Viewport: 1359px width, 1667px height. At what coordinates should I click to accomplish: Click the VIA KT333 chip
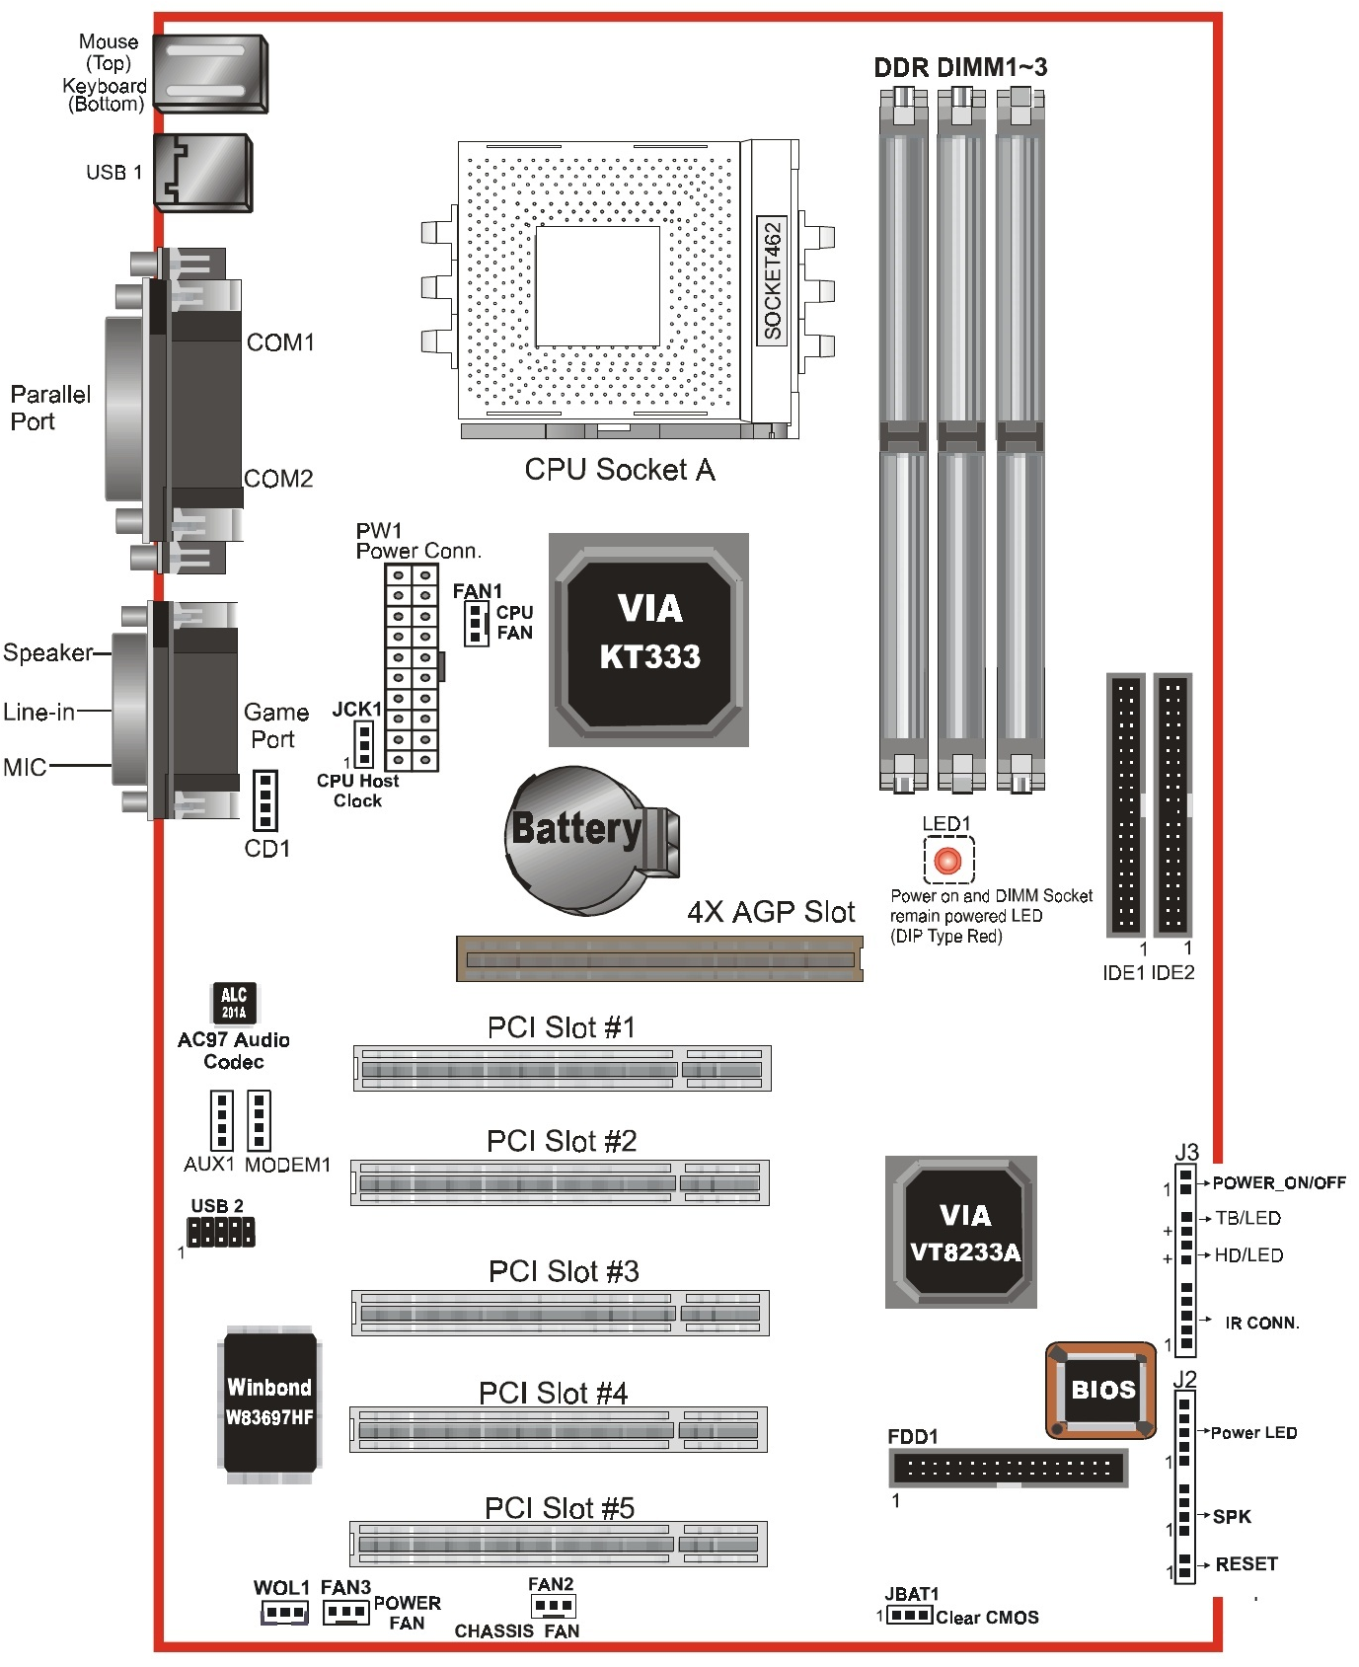(x=648, y=640)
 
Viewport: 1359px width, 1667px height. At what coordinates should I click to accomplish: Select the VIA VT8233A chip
(x=961, y=1232)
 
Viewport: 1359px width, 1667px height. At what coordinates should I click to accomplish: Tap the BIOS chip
(x=1100, y=1390)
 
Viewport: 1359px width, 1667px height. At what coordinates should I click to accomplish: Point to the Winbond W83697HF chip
(x=269, y=1402)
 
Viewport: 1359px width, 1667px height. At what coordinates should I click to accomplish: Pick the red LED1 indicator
(x=947, y=861)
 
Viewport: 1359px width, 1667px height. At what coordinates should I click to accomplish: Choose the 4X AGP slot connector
(x=659, y=959)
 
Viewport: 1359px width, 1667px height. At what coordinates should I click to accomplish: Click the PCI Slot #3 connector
(x=561, y=1313)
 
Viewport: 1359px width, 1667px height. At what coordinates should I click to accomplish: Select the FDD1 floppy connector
(x=1007, y=1468)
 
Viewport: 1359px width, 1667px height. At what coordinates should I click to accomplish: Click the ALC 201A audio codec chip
(x=234, y=1003)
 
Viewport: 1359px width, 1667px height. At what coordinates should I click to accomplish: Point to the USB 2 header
(x=220, y=1231)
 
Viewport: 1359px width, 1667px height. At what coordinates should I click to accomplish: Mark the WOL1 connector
(x=284, y=1613)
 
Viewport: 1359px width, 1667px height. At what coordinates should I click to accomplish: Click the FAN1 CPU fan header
(x=477, y=624)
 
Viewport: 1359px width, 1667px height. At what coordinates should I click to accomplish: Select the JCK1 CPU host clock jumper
(x=364, y=743)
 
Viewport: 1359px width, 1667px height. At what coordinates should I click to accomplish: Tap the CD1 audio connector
(x=264, y=800)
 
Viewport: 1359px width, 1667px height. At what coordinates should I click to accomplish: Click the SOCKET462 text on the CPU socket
(x=772, y=280)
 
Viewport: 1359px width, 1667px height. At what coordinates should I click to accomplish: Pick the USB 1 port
(x=203, y=173)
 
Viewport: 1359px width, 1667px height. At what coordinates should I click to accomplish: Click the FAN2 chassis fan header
(x=553, y=1606)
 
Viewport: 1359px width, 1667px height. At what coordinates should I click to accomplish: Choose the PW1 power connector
(x=412, y=667)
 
